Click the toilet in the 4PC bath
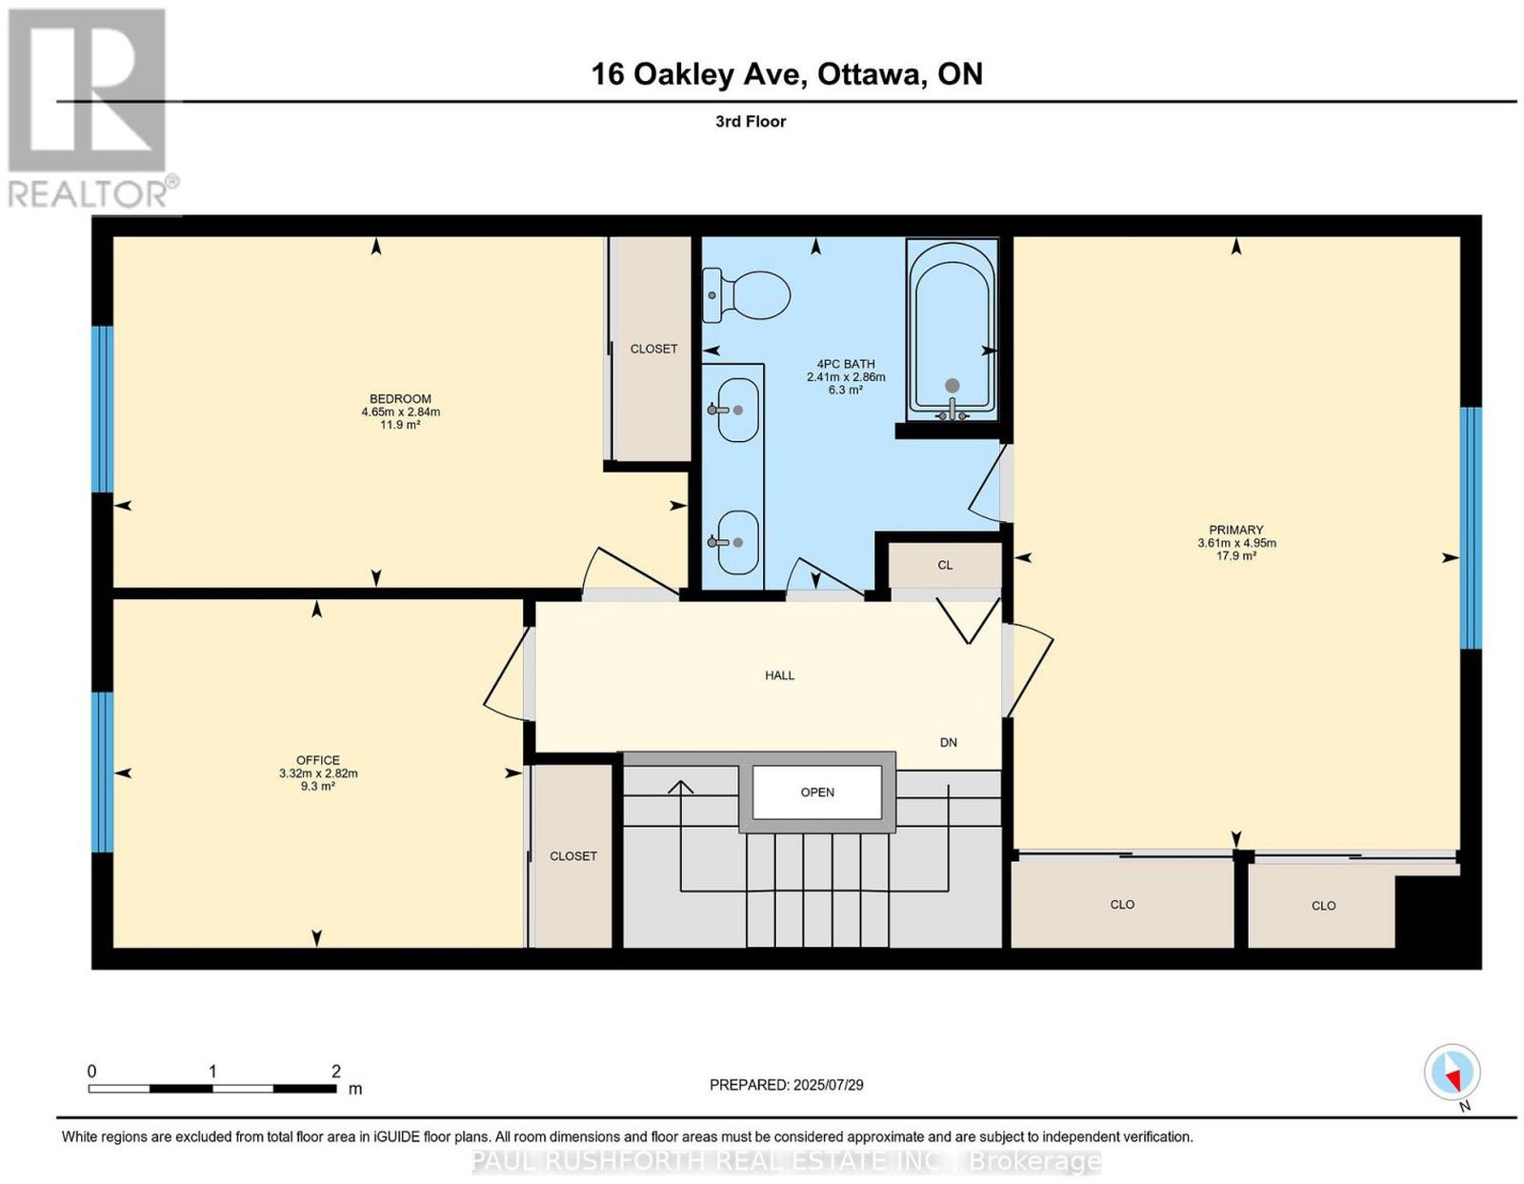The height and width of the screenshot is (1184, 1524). click(745, 296)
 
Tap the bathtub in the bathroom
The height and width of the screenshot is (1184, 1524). click(952, 330)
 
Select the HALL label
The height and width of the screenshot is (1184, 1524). click(779, 675)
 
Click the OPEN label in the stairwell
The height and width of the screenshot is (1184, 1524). click(817, 793)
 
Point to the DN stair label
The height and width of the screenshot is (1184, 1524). click(948, 742)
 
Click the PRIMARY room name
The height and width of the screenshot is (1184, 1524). click(1235, 530)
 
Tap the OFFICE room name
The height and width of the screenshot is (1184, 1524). click(318, 760)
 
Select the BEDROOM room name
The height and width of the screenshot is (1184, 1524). click(400, 399)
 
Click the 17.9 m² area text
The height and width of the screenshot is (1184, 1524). click(1235, 555)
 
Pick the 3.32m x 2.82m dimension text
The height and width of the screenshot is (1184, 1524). click(318, 773)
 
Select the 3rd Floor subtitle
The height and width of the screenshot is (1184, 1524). click(751, 121)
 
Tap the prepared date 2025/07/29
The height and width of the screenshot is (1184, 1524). click(828, 1085)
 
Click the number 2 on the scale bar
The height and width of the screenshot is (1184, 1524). click(336, 1072)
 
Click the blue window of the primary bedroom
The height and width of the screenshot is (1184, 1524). click(1471, 528)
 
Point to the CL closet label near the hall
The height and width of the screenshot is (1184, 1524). click(945, 565)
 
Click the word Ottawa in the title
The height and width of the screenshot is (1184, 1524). click(869, 74)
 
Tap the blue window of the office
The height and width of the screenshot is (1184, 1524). click(103, 772)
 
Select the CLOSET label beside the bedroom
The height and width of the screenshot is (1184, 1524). click(653, 349)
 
